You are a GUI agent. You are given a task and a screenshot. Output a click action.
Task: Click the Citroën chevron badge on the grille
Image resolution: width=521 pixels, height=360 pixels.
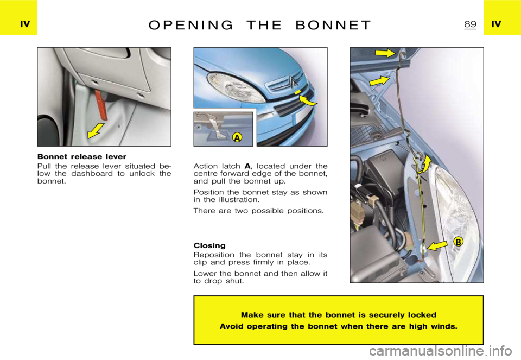coord(292,83)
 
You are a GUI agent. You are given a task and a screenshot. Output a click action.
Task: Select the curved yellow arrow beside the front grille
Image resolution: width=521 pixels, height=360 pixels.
coord(308,99)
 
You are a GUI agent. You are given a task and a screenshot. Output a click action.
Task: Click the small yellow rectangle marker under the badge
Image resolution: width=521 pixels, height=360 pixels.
coord(297,93)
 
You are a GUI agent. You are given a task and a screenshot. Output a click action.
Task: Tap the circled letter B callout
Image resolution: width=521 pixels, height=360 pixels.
coord(458,242)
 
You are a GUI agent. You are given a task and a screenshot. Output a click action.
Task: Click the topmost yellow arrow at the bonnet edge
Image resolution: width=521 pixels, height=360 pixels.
coord(385,53)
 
